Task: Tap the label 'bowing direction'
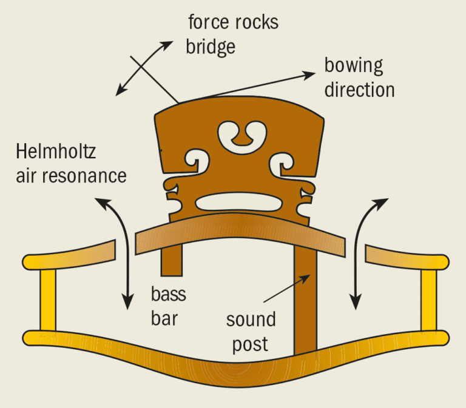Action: pyautogui.click(x=359, y=78)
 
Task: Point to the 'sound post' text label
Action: pyautogui.click(x=251, y=331)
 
